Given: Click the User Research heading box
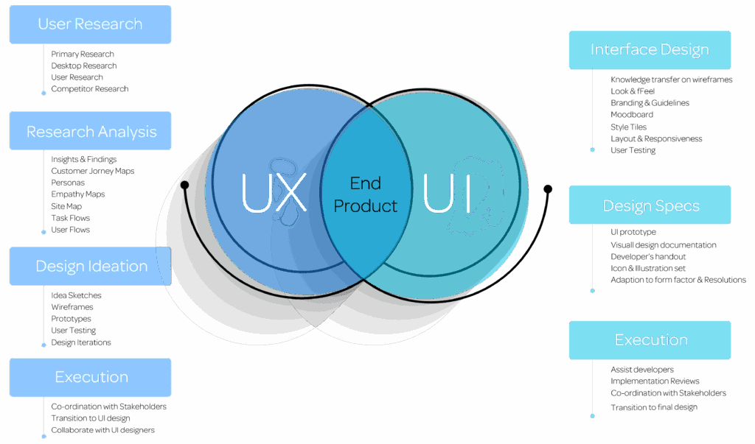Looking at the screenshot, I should pyautogui.click(x=90, y=24).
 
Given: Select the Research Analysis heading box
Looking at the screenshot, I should pyautogui.click(x=91, y=132).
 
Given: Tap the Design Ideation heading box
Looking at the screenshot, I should pyautogui.click(x=91, y=267).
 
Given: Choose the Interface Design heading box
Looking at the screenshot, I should pyautogui.click(x=650, y=50).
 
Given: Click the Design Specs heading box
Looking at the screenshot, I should pyautogui.click(x=650, y=205).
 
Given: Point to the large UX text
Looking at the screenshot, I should pyautogui.click(x=274, y=193).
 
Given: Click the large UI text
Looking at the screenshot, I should pyautogui.click(x=446, y=193).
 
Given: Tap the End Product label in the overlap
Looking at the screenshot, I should pyautogui.click(x=366, y=194).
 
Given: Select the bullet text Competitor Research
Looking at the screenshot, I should pyautogui.click(x=89, y=89).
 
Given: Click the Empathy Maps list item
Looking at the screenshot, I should pyautogui.click(x=77, y=194).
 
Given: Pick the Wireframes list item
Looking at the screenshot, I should pyautogui.click(x=72, y=307).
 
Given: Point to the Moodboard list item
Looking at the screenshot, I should pyautogui.click(x=632, y=115).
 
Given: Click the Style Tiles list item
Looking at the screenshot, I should pyautogui.click(x=628, y=127).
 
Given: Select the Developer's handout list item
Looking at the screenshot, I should pyautogui.click(x=648, y=256).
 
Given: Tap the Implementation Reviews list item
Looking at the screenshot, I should pyautogui.click(x=655, y=381).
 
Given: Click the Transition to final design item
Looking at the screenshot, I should pyautogui.click(x=653, y=407).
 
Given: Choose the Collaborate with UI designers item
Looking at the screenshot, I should pyautogui.click(x=102, y=430).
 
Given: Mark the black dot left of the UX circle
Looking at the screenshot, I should pyautogui.click(x=184, y=184).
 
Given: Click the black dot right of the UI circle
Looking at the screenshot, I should pyautogui.click(x=548, y=188).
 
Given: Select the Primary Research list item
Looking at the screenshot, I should pyautogui.click(x=83, y=54).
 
